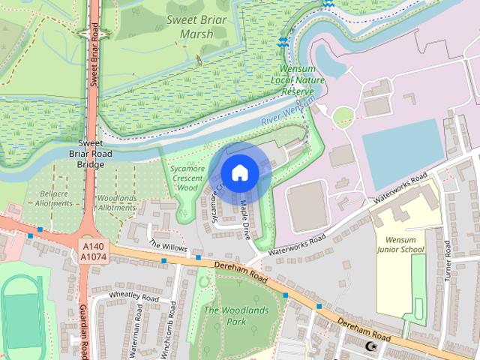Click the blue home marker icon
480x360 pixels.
tap(239, 172)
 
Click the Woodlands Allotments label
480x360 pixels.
tap(117, 202)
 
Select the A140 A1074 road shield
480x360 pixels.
tap(94, 251)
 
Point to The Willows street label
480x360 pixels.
tap(167, 246)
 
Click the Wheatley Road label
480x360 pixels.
tap(134, 297)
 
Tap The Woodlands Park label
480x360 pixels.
tap(225, 316)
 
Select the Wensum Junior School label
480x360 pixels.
tap(400, 244)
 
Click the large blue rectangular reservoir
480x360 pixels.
tap(402, 145)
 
